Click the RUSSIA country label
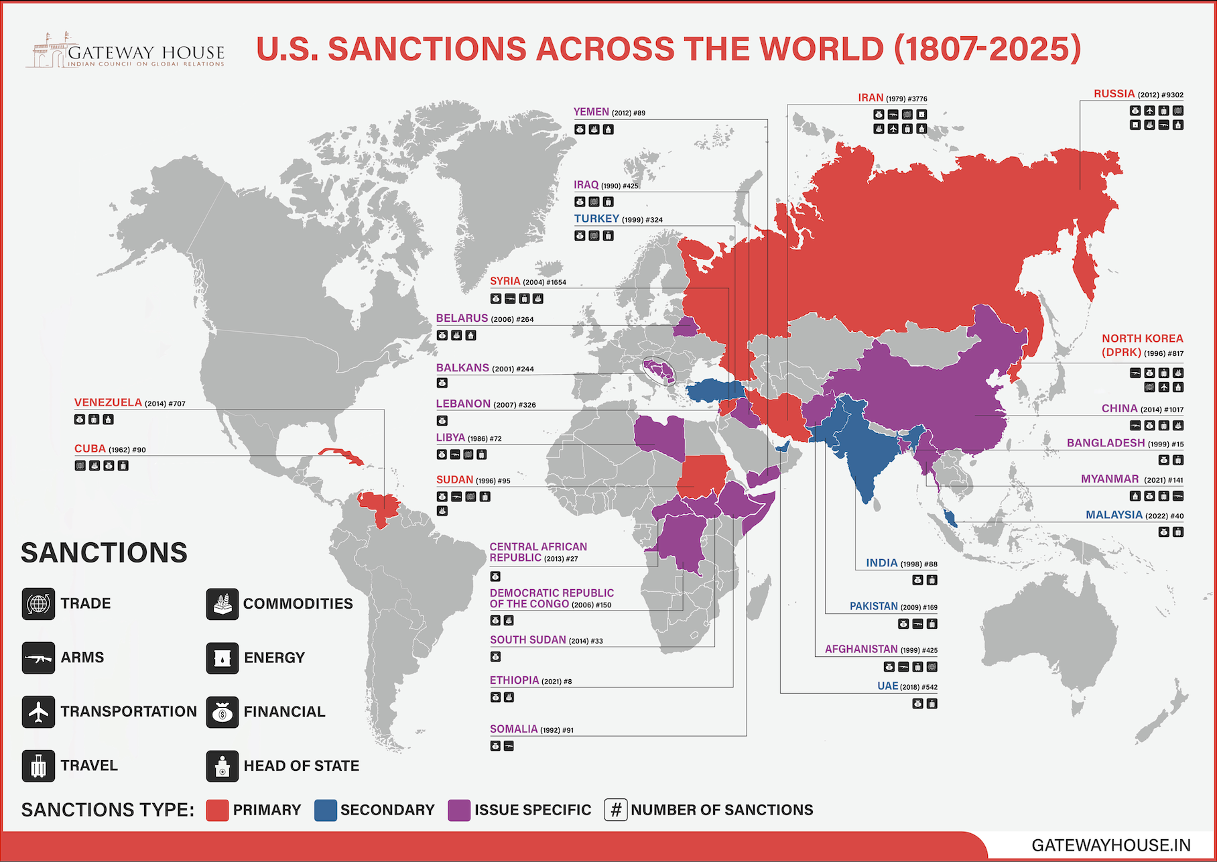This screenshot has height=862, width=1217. point(1114,94)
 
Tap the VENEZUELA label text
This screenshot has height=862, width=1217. point(108,402)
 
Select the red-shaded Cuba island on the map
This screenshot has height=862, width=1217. point(340,456)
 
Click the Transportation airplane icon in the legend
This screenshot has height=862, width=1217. point(38,711)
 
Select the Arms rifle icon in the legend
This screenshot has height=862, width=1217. point(38,658)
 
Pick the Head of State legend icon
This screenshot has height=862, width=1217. point(222,765)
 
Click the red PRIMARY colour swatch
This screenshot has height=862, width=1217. point(217,810)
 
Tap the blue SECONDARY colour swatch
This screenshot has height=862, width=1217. point(325,810)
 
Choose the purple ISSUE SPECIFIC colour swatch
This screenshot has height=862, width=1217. point(459,810)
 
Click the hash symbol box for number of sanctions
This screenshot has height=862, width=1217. point(615,810)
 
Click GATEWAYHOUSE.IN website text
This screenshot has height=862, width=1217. point(1110,845)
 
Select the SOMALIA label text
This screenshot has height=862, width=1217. point(513,729)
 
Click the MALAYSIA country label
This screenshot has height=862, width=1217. point(1114,515)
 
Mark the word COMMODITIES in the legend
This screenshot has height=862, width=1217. point(298,603)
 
